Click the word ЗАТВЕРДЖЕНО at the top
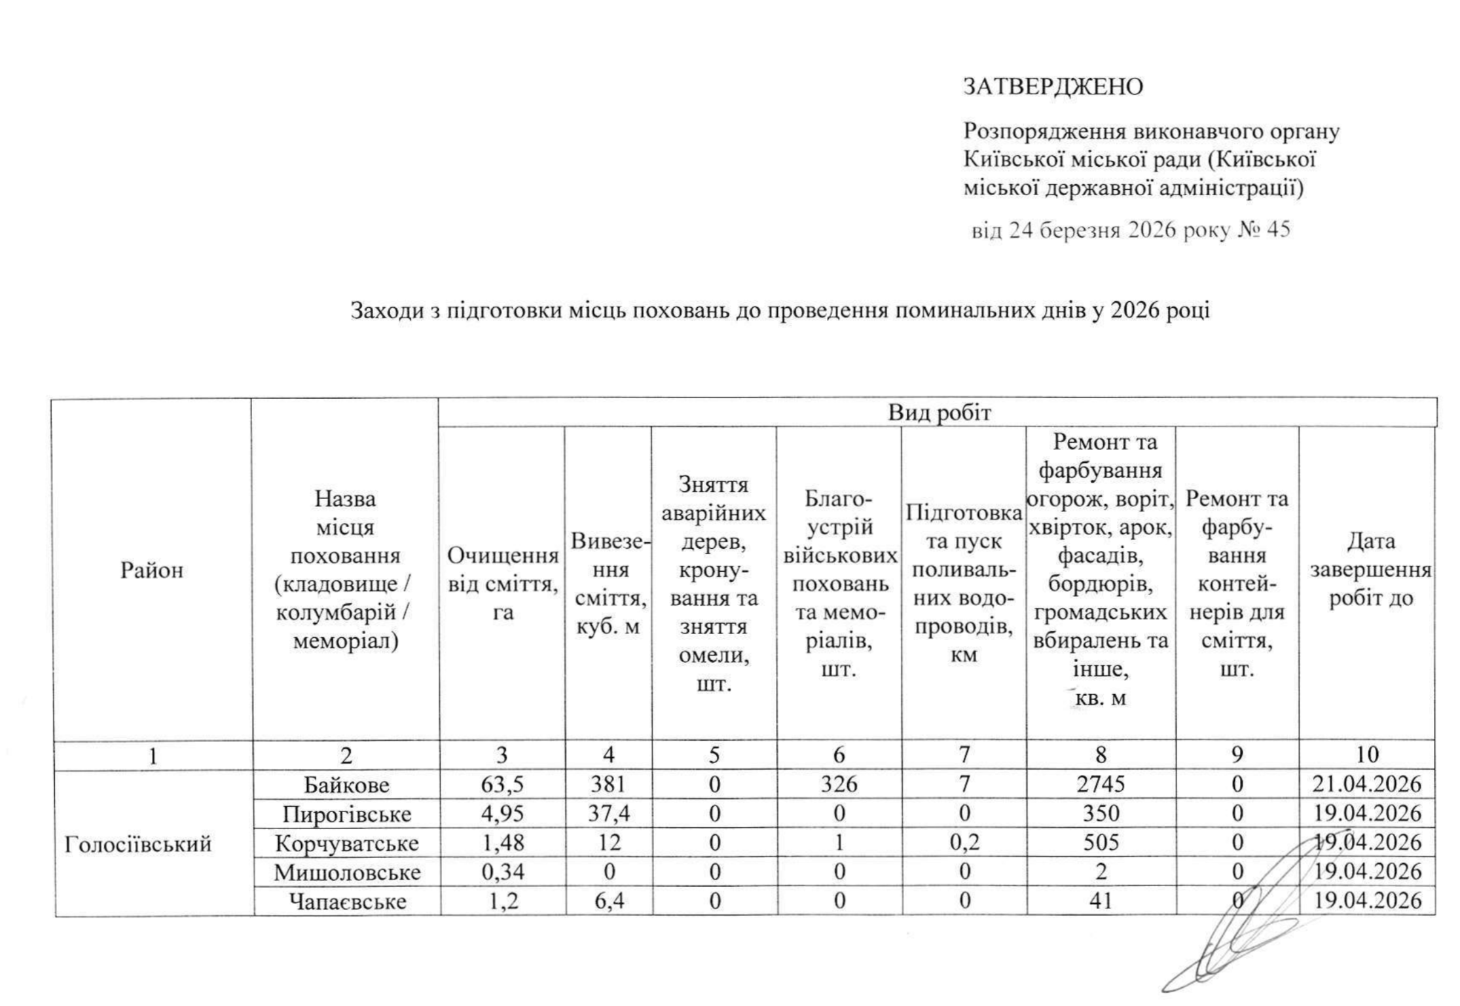(1053, 86)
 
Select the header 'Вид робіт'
(939, 413)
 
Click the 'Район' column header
(151, 570)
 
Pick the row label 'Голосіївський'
(138, 844)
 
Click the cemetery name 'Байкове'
(346, 785)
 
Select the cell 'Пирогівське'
(346, 814)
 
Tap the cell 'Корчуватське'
(346, 843)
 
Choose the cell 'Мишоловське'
(346, 872)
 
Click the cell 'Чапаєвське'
(346, 902)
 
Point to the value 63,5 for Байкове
(502, 785)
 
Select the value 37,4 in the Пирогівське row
(609, 814)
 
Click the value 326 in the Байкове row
(839, 785)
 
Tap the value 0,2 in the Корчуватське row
(964, 843)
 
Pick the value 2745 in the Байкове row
(1101, 785)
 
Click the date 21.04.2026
(1368, 785)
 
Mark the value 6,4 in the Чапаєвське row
(609, 902)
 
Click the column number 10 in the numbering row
(1367, 755)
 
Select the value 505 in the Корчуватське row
(1101, 843)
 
